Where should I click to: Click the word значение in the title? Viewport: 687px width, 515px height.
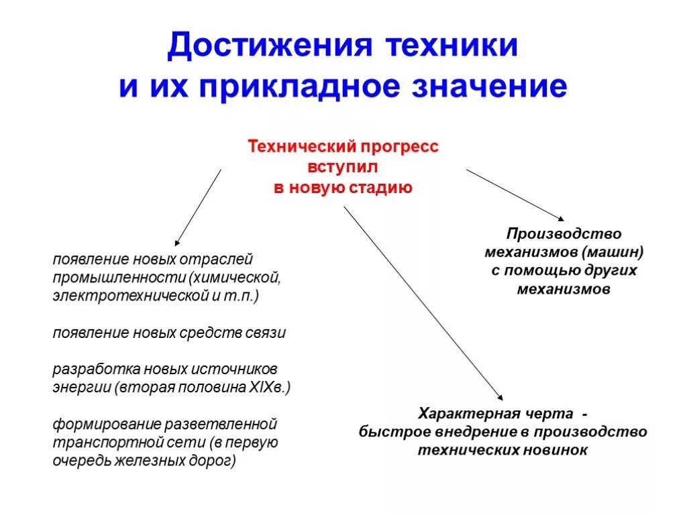[494, 88]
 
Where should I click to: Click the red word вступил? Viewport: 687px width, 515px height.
[343, 167]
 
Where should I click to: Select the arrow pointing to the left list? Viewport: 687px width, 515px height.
[198, 207]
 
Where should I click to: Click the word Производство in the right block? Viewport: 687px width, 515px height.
[564, 234]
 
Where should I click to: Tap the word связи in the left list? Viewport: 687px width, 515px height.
[268, 333]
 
